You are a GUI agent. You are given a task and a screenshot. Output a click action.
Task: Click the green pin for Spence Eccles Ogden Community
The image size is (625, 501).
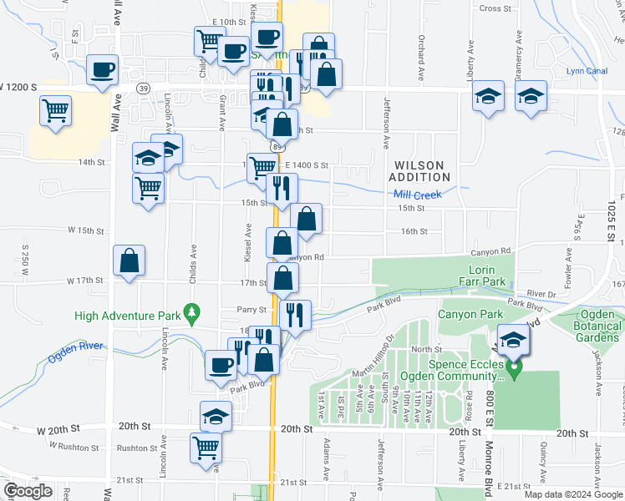(516, 367)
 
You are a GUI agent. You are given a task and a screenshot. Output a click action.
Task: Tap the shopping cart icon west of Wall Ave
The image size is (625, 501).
(55, 109)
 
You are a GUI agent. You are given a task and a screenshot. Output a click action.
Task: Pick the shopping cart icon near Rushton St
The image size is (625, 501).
(204, 448)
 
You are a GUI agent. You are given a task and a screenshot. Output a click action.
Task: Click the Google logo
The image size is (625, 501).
(27, 492)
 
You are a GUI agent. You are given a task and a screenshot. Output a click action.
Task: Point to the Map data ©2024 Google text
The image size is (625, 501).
(573, 494)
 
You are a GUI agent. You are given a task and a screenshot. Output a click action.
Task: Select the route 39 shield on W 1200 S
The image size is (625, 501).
(145, 87)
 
